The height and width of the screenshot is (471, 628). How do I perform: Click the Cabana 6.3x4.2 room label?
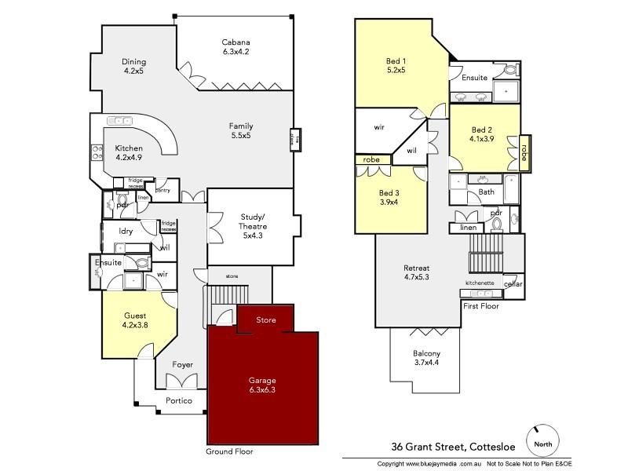[236, 47]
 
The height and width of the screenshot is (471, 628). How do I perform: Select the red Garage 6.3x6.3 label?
[263, 385]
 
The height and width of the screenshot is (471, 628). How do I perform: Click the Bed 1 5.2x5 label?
[396, 64]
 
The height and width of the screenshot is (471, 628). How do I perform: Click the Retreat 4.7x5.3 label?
[415, 272]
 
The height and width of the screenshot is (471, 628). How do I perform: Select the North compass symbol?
[542, 441]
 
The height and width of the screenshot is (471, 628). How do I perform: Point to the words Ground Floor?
[229, 452]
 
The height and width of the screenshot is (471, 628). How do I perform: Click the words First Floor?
[482, 305]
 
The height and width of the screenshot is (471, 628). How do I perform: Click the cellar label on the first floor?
[513, 283]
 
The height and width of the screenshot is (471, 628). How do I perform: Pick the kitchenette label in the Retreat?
[480, 283]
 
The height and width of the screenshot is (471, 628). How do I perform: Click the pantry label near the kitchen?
[163, 190]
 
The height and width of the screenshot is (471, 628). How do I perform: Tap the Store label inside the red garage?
[267, 319]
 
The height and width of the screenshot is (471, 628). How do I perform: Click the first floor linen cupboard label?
[469, 228]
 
